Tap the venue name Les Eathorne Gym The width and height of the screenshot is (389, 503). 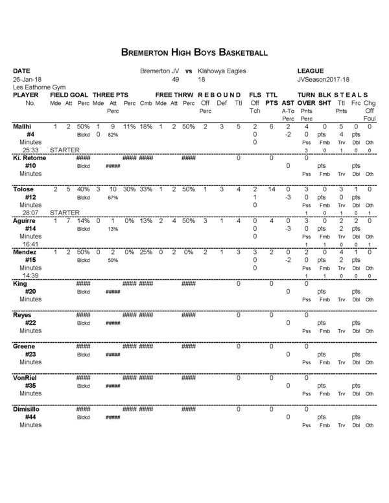coord(37,87)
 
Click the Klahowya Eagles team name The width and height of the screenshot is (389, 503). coord(222,71)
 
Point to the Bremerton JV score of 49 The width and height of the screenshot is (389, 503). coord(175,79)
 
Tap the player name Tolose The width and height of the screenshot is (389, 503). coord(23,189)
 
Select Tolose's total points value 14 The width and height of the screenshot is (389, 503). coord(272,189)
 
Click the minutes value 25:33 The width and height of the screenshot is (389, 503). coord(30,149)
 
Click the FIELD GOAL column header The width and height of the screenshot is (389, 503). coord(69,95)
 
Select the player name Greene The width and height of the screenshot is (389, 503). coord(23,346)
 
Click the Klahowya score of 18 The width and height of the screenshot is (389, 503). coord(202,79)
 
